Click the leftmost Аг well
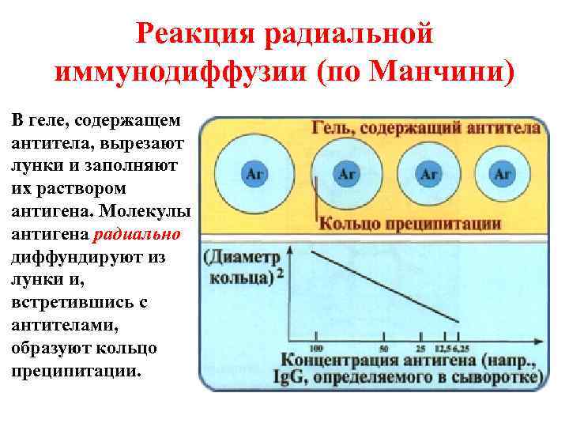click(254, 175)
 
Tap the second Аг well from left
click(346, 175)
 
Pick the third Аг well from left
click(428, 175)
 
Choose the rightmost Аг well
click(503, 175)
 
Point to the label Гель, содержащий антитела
click(419, 127)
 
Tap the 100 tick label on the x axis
click(316, 348)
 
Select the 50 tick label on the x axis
click(384, 348)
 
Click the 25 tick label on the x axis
click(419, 348)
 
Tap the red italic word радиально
click(137, 235)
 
